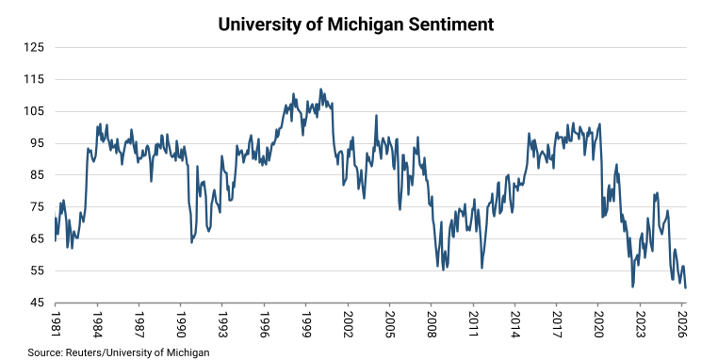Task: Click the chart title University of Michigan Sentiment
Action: coord(356,25)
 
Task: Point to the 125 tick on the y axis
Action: coord(34,48)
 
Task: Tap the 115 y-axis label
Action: coord(34,80)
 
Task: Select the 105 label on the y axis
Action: coord(34,111)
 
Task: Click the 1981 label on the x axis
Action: coord(56,324)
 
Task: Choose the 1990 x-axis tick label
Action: coord(181,324)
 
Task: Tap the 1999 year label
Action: coord(306,324)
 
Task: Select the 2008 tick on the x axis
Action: coord(432,324)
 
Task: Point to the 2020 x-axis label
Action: coord(599,324)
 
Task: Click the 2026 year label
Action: coord(682,324)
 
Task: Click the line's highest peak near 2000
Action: coord(320,90)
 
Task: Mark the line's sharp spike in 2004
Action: coord(376,115)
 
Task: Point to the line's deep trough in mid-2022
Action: coord(633,286)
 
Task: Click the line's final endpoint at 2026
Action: coord(685,287)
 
